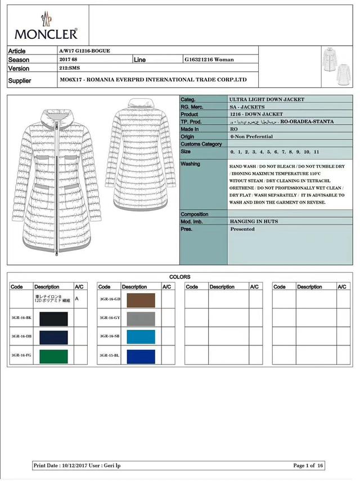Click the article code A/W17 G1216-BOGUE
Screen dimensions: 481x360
click(84, 51)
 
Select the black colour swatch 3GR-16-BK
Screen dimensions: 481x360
click(53, 318)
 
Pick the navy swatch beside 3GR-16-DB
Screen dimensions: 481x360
click(53, 337)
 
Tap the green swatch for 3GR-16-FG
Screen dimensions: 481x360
click(53, 356)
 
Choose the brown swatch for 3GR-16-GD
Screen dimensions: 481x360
click(141, 300)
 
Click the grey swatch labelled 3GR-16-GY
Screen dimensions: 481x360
click(141, 318)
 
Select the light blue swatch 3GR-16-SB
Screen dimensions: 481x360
click(141, 337)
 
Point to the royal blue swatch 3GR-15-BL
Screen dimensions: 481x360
click(141, 356)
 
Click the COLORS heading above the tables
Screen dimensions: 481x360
click(179, 277)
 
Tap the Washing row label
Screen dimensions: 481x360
click(190, 164)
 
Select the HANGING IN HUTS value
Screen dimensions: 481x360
click(254, 222)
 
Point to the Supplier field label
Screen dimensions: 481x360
click(20, 80)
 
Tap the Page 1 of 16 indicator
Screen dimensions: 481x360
click(309, 466)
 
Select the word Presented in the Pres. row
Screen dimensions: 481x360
click(242, 230)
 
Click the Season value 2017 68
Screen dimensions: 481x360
click(69, 59)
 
